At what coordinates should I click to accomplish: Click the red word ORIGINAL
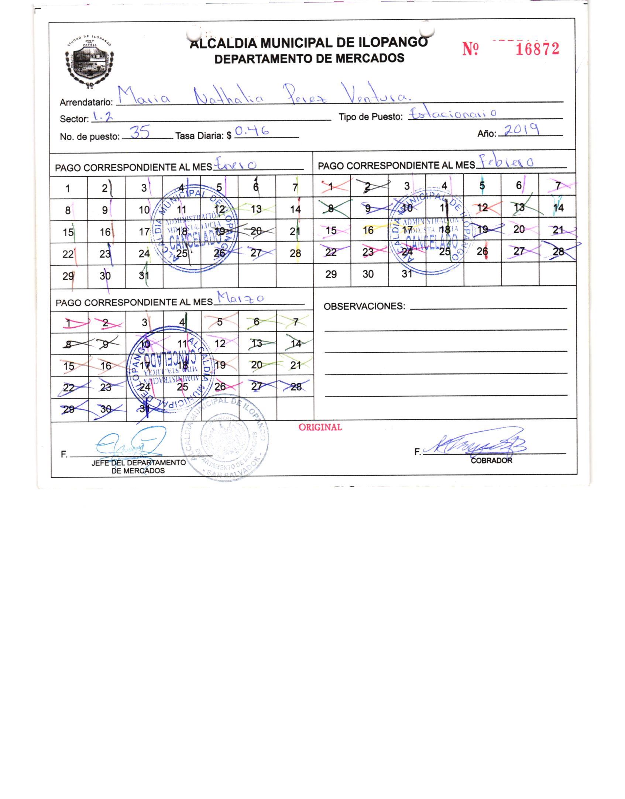(320, 427)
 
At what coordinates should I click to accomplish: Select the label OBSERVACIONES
(364, 306)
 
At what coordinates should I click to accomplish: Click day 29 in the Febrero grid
(331, 274)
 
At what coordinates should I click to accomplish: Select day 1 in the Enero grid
(68, 189)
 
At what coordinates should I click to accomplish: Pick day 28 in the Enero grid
(295, 254)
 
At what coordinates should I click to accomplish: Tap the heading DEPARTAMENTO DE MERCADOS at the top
(309, 58)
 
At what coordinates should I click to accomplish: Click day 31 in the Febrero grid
(407, 274)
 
